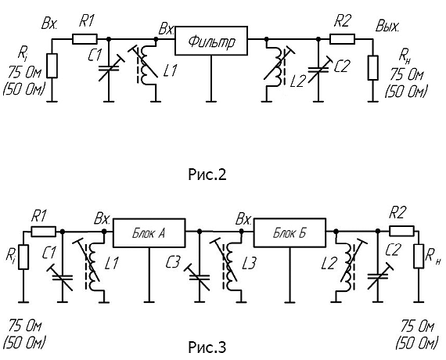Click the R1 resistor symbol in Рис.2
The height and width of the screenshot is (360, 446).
85,38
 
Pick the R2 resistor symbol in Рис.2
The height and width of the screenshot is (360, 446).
342,38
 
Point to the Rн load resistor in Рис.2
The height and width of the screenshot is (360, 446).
373,68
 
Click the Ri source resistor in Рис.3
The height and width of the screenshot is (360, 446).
23,257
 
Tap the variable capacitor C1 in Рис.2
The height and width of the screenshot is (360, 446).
110,67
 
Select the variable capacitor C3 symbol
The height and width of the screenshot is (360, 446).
200,278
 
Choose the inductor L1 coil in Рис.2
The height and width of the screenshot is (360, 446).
146,65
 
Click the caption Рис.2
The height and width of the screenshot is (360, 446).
207,175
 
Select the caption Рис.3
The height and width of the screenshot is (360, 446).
207,347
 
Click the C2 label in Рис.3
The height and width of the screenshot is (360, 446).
393,250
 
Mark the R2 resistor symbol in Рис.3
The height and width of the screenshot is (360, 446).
401,231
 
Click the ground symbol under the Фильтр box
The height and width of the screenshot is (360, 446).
211,101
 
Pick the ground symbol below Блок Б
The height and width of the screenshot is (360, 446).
290,301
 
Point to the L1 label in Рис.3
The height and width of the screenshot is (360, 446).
111,263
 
